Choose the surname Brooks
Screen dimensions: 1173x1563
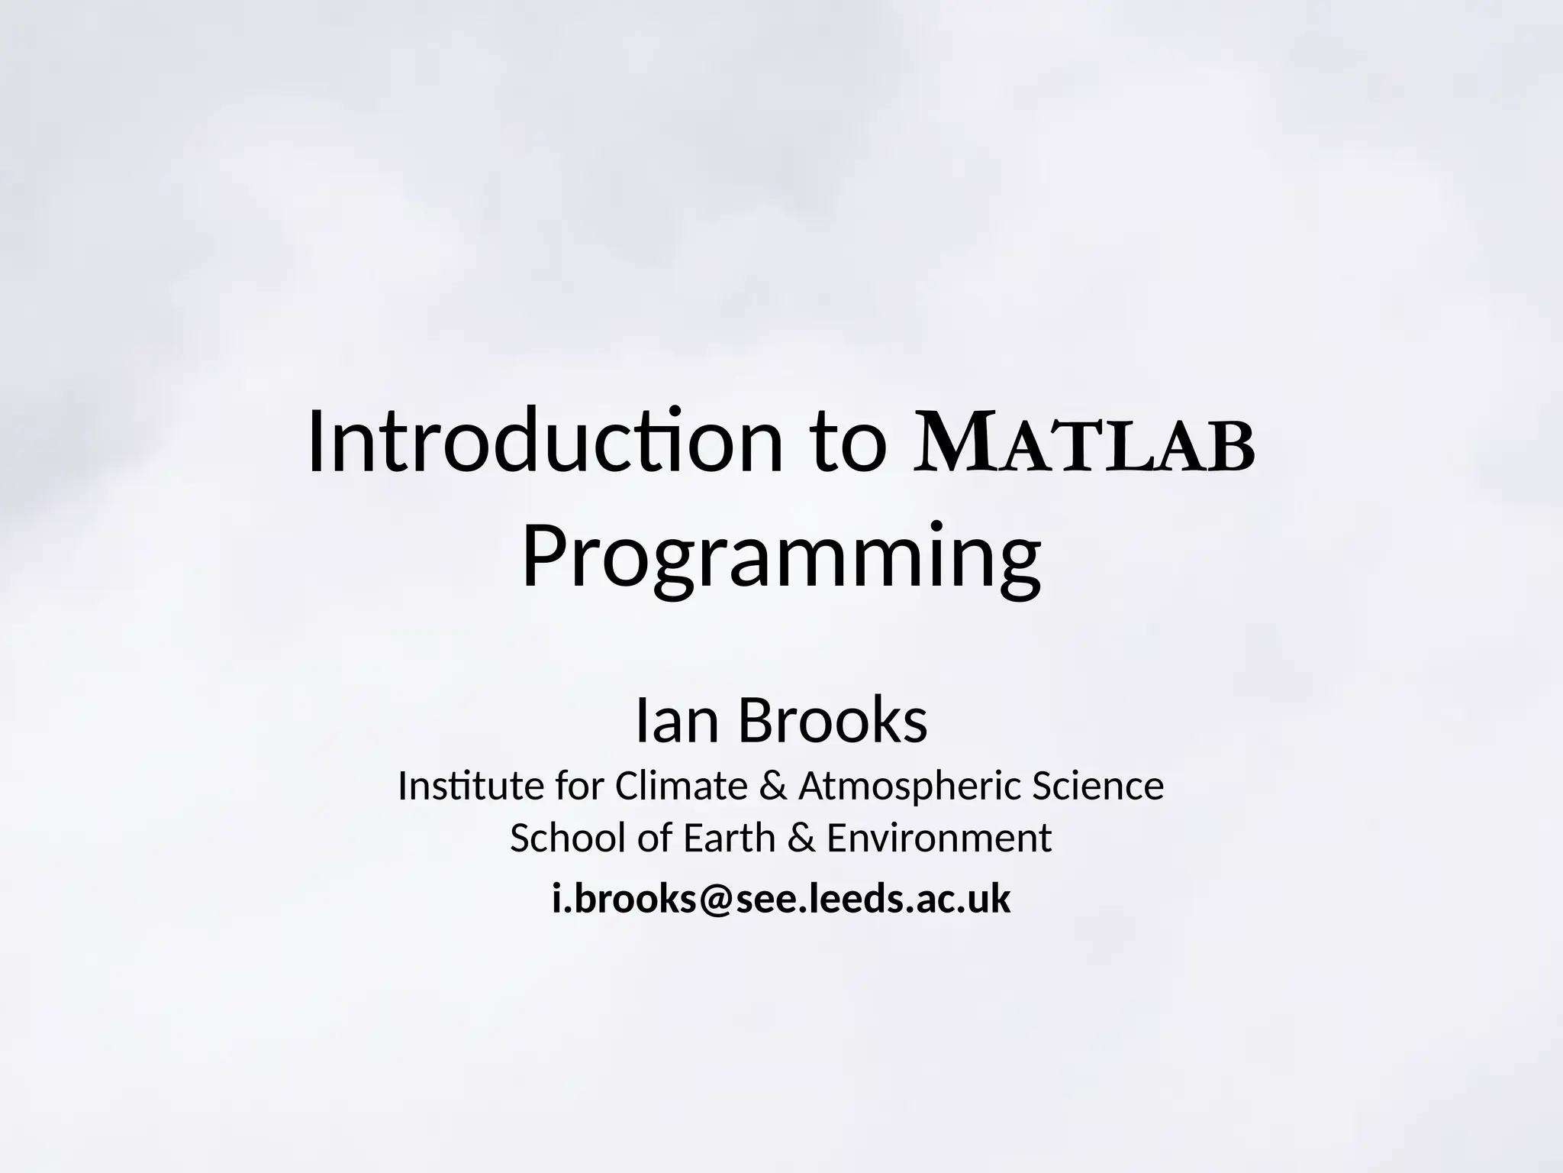coord(833,721)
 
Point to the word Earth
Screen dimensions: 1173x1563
coord(729,838)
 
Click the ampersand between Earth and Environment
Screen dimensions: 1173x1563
coord(801,838)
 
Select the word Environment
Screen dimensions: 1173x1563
coord(939,838)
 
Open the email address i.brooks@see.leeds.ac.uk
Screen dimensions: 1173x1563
coord(781,899)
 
